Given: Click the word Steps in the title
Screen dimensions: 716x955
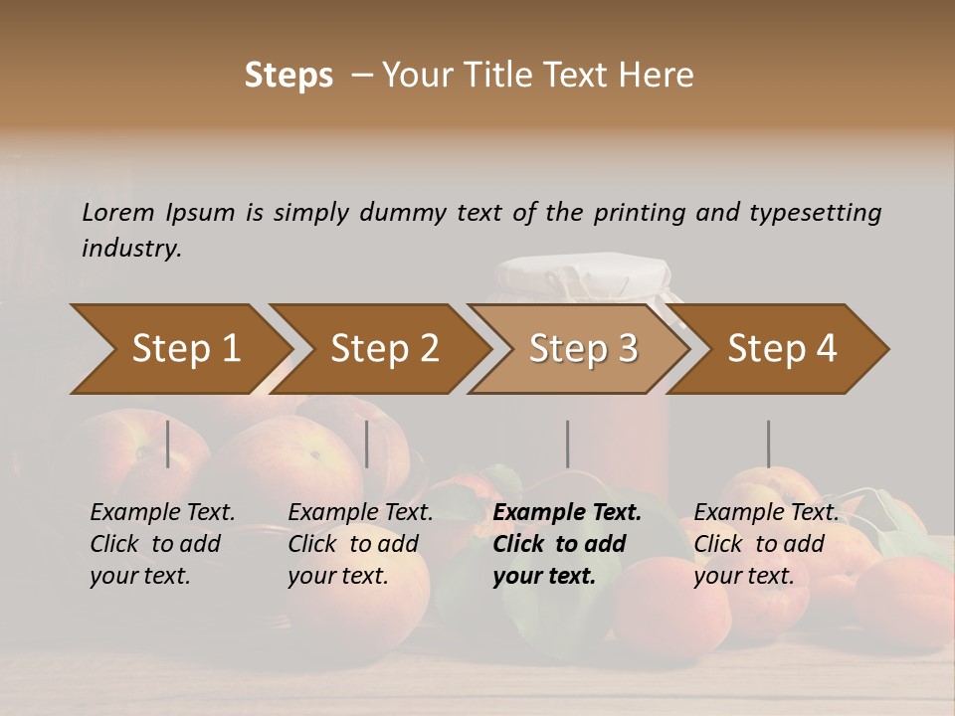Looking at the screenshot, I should [288, 76].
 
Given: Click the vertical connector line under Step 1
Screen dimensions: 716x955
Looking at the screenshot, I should [167, 444].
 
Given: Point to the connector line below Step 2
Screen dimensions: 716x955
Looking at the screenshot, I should [367, 444].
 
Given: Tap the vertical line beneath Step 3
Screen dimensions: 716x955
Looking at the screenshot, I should [567, 444].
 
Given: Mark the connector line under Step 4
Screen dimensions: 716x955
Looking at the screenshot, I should [768, 444].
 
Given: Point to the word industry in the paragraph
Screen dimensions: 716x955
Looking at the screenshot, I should [131, 249].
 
